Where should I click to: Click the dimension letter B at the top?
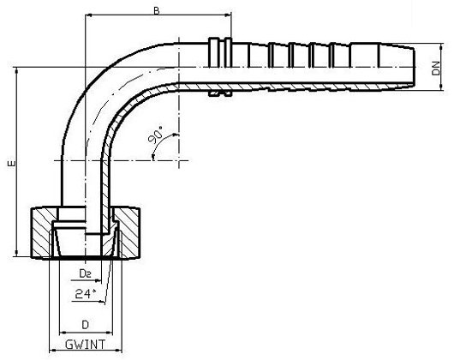[156, 10]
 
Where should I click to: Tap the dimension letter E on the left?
[9, 163]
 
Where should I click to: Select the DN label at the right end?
[437, 68]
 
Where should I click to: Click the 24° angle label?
[84, 293]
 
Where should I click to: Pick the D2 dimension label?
[85, 273]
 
